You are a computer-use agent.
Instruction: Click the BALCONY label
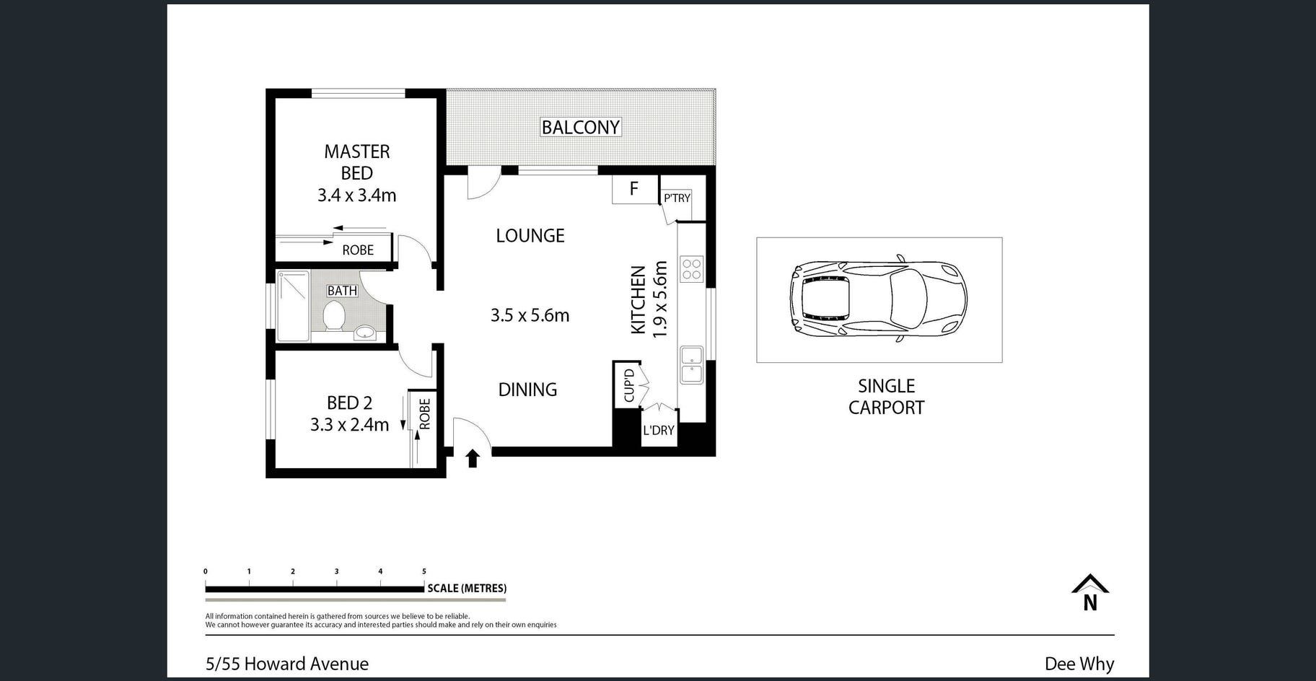coord(580,127)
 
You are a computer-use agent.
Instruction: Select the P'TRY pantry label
coord(677,198)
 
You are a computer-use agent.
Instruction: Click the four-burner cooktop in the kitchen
coord(691,268)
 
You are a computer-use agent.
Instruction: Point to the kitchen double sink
coord(691,365)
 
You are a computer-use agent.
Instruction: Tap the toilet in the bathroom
coord(334,316)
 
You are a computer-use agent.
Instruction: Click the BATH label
coord(342,291)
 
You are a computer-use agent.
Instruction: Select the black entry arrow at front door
coord(473,457)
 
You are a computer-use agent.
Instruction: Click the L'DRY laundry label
coord(658,430)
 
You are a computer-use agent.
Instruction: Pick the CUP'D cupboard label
coord(628,385)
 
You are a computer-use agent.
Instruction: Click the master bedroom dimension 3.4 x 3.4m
coord(356,195)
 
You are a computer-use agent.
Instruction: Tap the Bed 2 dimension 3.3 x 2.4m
coord(349,424)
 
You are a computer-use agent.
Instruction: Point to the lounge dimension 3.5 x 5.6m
coord(530,315)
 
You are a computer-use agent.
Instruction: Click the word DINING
coord(527,390)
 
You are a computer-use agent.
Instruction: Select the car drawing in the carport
coord(878,299)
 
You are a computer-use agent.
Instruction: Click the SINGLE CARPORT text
coord(886,397)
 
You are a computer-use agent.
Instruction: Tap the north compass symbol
coord(1090,592)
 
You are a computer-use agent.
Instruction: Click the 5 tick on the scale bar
coord(424,571)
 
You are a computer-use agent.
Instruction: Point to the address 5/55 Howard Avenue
coord(287,664)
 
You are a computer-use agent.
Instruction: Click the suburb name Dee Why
coord(1079,664)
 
